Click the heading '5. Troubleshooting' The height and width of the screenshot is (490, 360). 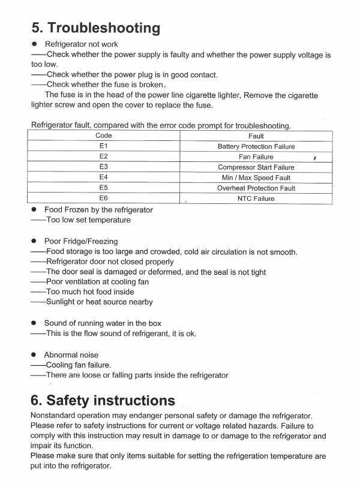click(95, 28)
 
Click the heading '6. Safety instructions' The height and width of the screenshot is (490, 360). click(103, 399)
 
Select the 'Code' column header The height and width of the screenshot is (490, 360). click(104, 136)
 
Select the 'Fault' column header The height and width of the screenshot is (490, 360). click(256, 136)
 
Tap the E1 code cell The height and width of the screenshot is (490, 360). click(104, 146)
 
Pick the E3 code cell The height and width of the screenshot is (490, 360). click(104, 167)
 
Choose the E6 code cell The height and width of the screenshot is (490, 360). click(104, 199)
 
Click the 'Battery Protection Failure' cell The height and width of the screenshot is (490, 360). click(256, 146)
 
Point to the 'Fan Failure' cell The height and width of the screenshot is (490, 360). click(256, 157)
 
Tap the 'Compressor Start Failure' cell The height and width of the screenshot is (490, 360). click(256, 167)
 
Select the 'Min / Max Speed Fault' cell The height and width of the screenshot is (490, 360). click(256, 178)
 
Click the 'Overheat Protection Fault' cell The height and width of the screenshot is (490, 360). click(256, 188)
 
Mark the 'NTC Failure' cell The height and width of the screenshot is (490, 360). click(256, 199)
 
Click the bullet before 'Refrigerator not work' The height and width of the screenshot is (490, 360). click(35, 44)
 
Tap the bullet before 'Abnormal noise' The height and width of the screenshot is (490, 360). click(35, 355)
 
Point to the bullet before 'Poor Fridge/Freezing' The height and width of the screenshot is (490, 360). click(35, 241)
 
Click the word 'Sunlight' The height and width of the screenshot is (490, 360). click(62, 302)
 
